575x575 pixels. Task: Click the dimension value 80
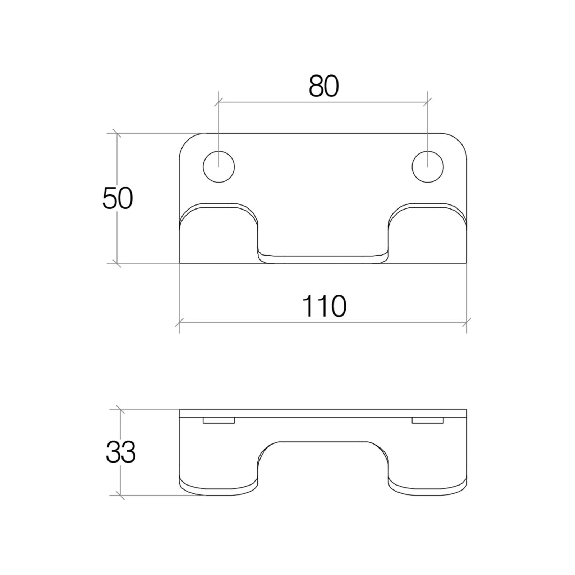coord(323,87)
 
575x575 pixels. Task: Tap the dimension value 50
coord(118,198)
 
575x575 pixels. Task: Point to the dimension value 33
coord(120,452)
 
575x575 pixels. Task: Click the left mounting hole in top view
coord(218,167)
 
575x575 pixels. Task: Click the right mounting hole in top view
coord(427,167)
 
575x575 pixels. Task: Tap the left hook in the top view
coord(218,234)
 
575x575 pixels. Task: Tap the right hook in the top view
coord(428,234)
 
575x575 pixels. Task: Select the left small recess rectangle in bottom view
coord(218,420)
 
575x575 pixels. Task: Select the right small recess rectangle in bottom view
coord(427,420)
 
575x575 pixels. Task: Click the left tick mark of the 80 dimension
coord(218,102)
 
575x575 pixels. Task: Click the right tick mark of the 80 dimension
coord(427,102)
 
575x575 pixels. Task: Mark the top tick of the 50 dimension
coord(116,133)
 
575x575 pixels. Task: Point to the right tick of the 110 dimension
coord(466,322)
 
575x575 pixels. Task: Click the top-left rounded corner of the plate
coord(187,141)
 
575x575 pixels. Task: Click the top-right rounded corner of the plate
coord(459,141)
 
